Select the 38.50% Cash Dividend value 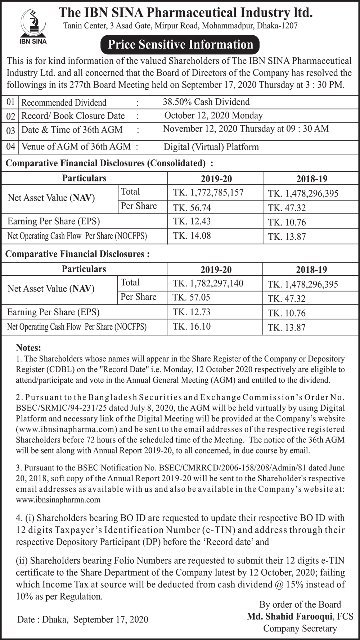[x=206, y=102]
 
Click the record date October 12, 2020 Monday [x=213, y=116]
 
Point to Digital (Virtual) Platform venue [x=211, y=147]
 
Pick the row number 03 [x=11, y=130]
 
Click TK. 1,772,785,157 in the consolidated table [x=208, y=193]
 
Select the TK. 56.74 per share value [x=192, y=208]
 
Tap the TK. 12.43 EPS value [x=192, y=221]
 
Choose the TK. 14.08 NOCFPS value [x=192, y=236]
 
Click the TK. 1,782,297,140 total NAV [x=208, y=283]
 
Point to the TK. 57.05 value [x=191, y=297]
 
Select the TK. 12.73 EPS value [x=192, y=312]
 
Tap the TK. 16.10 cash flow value [x=192, y=326]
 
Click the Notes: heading [x=29, y=348]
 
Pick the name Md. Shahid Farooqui [x=289, y=617]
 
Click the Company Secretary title [x=300, y=628]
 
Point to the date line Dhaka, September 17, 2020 [x=83, y=619]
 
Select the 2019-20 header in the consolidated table [x=216, y=179]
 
